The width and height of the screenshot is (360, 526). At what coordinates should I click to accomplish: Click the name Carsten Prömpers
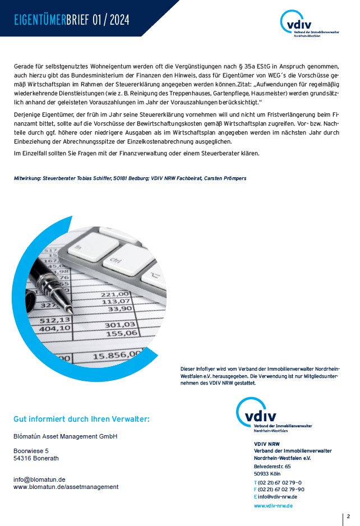coord(224,178)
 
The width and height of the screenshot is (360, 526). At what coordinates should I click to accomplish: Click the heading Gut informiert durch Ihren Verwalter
coord(81,419)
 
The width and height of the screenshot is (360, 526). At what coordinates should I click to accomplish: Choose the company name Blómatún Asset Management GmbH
coord(66,436)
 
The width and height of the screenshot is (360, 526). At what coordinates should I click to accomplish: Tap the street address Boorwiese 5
coord(31,450)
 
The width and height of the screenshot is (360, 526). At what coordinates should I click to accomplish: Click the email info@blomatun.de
coord(39,479)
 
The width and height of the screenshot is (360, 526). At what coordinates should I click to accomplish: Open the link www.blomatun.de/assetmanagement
coord(66,487)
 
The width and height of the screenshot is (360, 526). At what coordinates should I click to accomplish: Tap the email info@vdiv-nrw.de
coord(278,497)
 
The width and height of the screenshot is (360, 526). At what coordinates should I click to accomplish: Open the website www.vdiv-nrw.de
coord(273,506)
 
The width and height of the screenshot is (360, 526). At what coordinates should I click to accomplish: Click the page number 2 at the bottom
coord(348,516)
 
